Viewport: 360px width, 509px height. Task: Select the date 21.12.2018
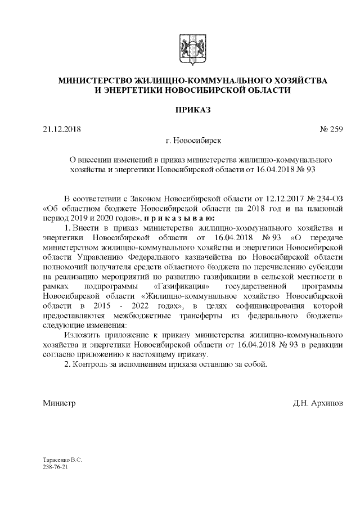tap(62, 130)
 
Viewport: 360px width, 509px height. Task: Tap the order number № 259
tap(331, 130)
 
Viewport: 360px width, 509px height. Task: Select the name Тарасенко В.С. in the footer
tap(62, 460)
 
